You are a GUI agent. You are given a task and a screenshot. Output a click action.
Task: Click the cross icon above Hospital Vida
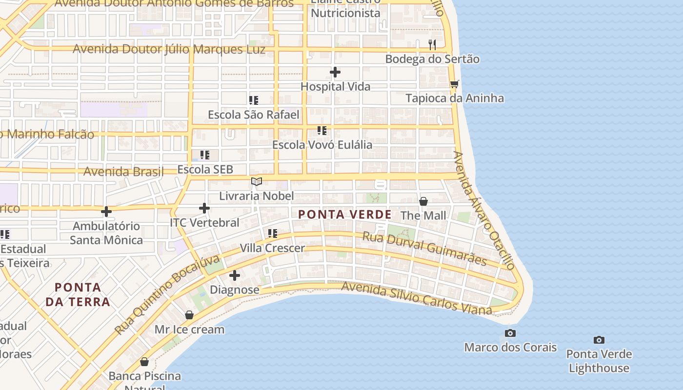coord(335,72)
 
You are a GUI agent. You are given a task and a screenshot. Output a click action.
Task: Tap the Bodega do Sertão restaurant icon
coord(432,45)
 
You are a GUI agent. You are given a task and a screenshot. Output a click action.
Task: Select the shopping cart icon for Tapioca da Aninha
coord(454,84)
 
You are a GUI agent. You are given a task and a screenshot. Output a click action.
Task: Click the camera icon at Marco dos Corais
coord(510,333)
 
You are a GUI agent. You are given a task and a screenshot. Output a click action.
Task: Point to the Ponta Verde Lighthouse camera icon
coord(599,340)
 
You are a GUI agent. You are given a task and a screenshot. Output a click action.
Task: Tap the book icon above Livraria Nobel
coord(257,182)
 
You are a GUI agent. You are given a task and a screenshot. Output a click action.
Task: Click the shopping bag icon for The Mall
coord(423,201)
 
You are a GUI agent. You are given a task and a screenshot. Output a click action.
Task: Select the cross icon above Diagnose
coord(235,275)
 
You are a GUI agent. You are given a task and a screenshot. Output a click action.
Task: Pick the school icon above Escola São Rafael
coord(253,100)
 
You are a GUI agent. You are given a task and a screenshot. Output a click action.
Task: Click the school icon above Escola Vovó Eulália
coord(321,131)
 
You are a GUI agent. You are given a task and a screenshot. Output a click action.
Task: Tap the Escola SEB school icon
coord(205,155)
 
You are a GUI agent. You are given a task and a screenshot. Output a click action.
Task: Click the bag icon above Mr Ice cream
coord(189,315)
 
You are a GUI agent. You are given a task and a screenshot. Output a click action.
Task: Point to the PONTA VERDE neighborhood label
coord(344,214)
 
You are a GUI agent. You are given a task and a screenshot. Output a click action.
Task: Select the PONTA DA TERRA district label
coord(78,294)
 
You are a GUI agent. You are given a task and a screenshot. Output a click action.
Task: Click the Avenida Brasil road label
coord(123,172)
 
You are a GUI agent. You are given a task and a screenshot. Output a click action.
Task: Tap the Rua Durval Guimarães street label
coord(424,249)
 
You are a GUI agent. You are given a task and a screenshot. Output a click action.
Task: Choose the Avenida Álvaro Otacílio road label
coord(484,211)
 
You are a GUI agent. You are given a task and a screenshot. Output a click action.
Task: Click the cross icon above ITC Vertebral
coord(204,208)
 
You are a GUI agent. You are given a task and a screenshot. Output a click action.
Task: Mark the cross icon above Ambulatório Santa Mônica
coord(106,212)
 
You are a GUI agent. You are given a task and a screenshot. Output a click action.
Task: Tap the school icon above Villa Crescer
coord(272,234)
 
